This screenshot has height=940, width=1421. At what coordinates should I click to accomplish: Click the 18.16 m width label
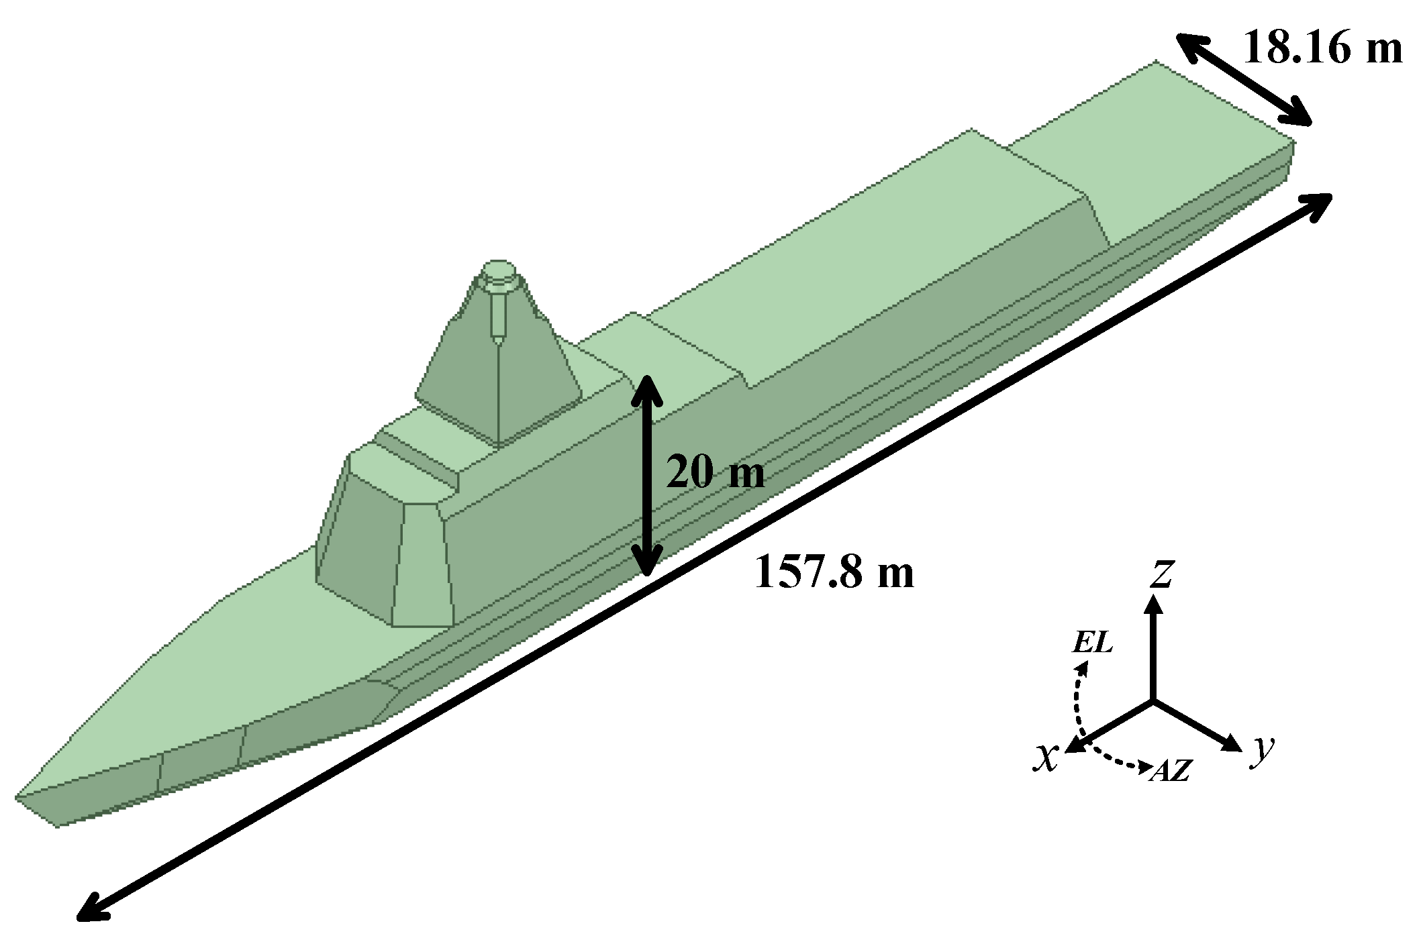1322,48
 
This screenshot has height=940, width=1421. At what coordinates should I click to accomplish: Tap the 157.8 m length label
834,572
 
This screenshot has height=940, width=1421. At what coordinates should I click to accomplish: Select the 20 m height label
715,473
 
